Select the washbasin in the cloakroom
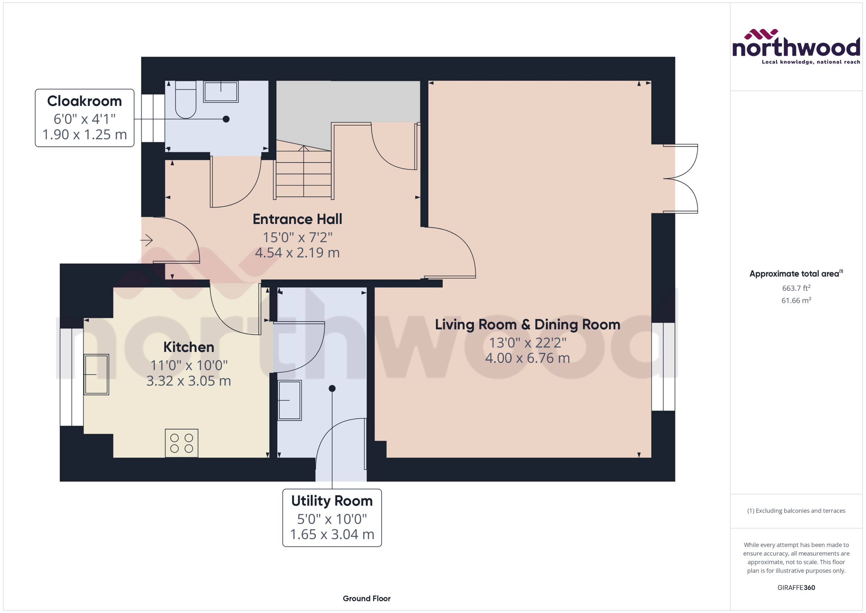221,91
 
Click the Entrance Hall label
297,219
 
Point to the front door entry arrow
147,240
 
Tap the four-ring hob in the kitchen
182,443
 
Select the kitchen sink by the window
96,374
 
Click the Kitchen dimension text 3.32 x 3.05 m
189,381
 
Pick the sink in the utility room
289,400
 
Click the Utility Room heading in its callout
332,501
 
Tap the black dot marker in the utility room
332,388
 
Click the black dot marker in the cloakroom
226,119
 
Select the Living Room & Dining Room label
528,325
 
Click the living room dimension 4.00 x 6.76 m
528,358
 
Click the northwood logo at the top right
796,47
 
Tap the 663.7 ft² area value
796,288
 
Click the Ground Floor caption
366,598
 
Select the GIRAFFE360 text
796,588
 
